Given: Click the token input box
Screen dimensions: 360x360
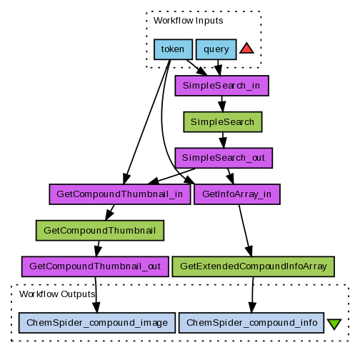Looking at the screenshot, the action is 173,49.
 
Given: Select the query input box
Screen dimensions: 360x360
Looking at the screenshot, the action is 216,49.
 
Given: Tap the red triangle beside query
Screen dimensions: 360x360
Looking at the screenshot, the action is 246,49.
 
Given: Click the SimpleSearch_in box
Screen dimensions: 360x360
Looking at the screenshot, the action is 222,86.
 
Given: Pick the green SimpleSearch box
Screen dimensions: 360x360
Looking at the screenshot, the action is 223,122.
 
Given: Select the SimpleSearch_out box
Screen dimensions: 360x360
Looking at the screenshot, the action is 224,158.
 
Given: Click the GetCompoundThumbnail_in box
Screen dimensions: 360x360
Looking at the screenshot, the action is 120,194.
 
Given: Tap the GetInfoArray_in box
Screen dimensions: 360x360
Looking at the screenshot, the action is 237,194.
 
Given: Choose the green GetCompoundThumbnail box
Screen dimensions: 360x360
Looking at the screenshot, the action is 100,231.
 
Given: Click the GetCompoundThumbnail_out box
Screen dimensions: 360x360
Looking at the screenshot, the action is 95,266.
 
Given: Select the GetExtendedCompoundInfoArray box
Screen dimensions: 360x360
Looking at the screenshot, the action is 254,266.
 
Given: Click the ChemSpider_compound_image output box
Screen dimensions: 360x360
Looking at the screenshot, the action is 97,323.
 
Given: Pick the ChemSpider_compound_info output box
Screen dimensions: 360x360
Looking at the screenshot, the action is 251,323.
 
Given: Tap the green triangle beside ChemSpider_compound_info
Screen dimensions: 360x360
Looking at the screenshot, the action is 334,324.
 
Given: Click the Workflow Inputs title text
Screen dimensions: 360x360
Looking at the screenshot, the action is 189,21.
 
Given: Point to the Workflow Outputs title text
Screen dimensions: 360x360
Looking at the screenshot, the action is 57,294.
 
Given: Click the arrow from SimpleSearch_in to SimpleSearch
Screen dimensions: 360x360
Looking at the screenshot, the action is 222,104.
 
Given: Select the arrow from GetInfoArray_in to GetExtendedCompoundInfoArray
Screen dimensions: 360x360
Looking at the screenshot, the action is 246,231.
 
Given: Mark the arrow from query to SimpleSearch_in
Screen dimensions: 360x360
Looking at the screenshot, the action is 219,68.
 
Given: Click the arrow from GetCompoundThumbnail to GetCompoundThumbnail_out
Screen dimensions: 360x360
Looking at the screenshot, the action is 98,249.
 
